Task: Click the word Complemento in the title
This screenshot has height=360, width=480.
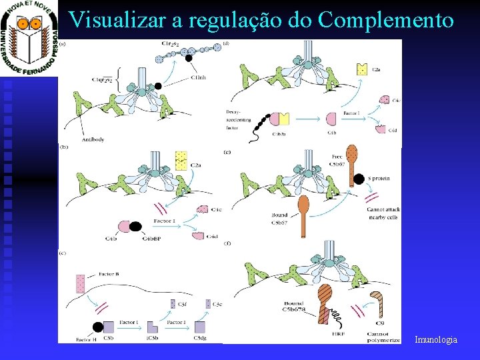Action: [x=387, y=19]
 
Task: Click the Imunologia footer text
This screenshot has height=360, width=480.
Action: [x=436, y=340]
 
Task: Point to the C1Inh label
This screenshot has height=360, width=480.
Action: [x=198, y=78]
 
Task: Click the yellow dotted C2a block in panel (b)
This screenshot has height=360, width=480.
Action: [x=180, y=160]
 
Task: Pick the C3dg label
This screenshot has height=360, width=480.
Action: [x=199, y=339]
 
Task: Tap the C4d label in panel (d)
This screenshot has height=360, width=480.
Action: [x=394, y=130]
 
